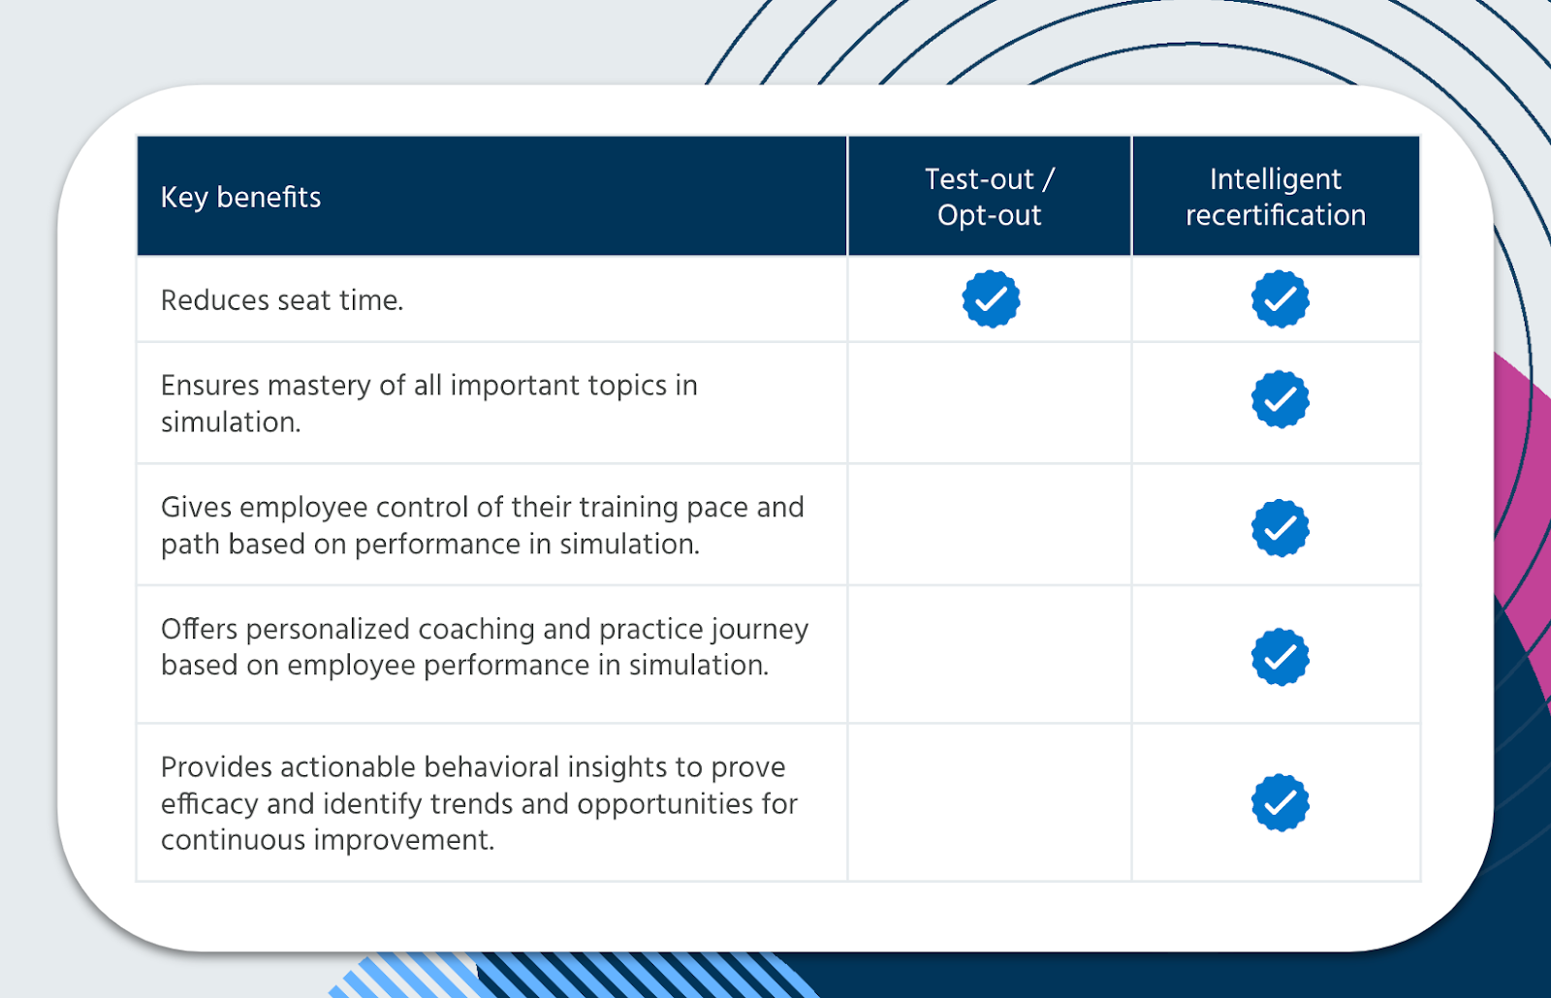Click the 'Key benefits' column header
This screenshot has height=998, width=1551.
[x=241, y=198]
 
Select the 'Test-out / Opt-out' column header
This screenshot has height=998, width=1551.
[x=990, y=198]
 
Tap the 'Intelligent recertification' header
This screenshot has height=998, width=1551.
[x=1276, y=198]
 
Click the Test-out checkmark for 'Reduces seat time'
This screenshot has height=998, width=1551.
[x=991, y=299]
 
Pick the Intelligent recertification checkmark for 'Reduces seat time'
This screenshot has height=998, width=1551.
[x=1281, y=299]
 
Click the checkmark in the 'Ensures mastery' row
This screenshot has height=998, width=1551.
[x=1281, y=399]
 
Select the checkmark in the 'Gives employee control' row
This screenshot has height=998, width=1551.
[x=1281, y=528]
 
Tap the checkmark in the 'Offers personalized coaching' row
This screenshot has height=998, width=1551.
[x=1281, y=657]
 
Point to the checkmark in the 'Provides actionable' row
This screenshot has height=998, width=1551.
[x=1281, y=802]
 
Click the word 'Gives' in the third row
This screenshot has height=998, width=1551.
[x=196, y=508]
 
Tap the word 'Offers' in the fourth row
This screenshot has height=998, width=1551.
[x=200, y=629]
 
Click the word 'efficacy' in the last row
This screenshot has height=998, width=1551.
[x=209, y=805]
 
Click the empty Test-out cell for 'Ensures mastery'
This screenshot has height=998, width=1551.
[x=990, y=402]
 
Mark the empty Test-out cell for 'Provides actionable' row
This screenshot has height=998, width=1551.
[x=990, y=802]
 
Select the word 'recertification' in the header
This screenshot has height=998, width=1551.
[x=1276, y=215]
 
